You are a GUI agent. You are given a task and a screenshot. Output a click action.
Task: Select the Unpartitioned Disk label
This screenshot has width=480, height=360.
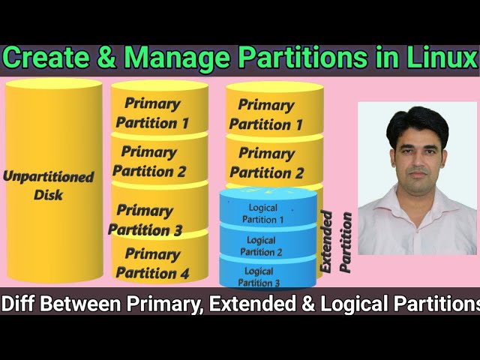coord(49,186)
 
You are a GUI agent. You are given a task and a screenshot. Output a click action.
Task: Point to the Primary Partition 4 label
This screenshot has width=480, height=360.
coord(153,263)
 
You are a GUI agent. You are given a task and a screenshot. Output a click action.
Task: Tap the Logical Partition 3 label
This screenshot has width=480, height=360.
coord(259,277)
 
